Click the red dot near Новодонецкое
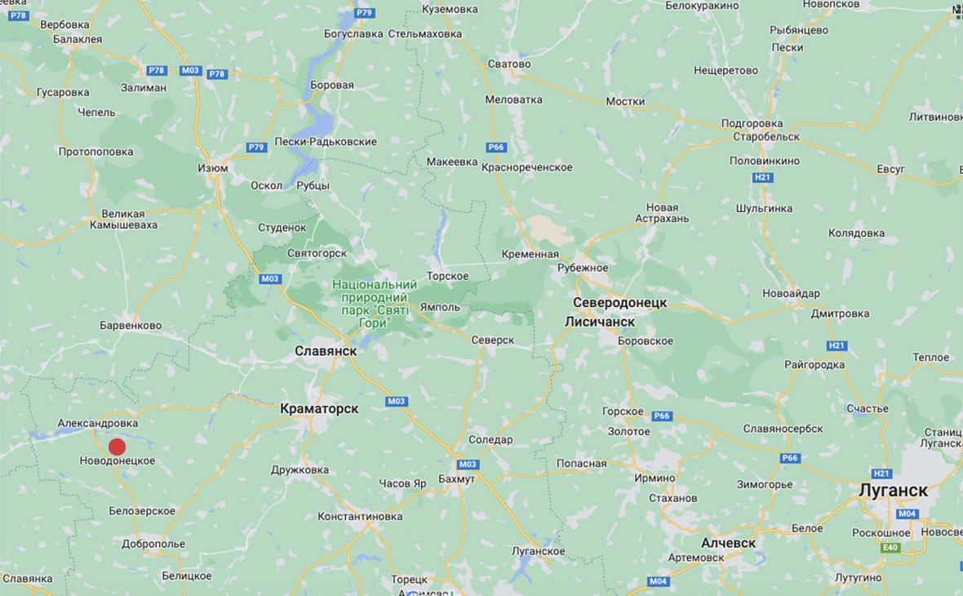coord(117,447)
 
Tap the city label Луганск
coord(894,491)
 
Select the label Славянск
coord(326,350)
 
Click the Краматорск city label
coord(319,408)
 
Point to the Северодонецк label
coord(619,302)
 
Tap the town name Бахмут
coord(456,478)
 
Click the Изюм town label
coord(213,167)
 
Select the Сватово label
coord(508,64)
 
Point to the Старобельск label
coord(766,136)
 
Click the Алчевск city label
coord(728,543)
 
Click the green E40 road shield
coord(890,548)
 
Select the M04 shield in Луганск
coord(908,514)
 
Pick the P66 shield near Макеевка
coord(496,147)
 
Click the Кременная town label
coord(531,254)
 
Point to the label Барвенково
coord(131,325)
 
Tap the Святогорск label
coord(317,254)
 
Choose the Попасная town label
coord(581,463)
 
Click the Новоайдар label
coord(791,293)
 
